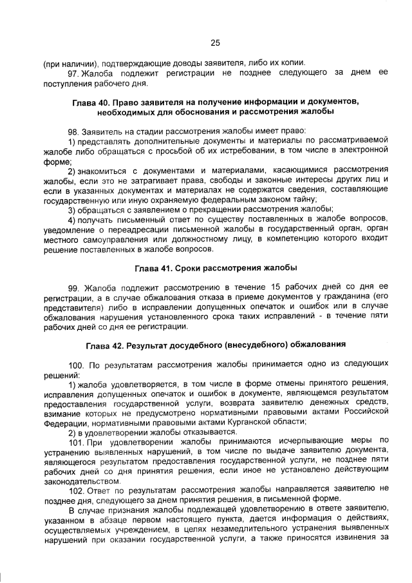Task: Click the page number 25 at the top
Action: (x=215, y=43)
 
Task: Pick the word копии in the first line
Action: (x=290, y=63)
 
